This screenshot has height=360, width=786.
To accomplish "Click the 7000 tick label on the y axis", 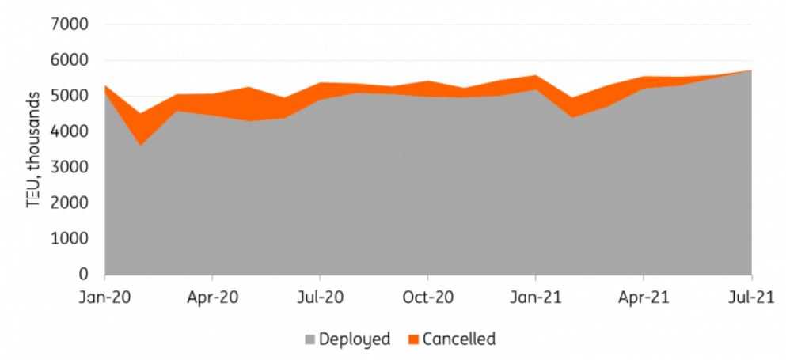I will [73, 25].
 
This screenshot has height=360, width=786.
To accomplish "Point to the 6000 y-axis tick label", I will [73, 60].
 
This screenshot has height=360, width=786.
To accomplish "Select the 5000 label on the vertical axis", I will [73, 96].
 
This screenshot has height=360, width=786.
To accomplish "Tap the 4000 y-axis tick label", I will [73, 131].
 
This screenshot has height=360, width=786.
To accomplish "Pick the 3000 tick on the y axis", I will [73, 167].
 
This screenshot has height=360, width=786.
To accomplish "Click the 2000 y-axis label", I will [73, 203].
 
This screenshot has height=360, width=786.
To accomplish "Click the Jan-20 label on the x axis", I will [104, 297].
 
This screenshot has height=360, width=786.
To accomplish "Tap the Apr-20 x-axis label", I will [212, 297].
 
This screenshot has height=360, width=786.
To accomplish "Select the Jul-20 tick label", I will [320, 297].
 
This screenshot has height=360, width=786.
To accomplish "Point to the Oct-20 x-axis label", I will [427, 297].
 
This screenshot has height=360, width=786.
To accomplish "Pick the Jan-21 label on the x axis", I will [535, 297].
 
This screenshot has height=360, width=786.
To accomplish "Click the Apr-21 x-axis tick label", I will [643, 297].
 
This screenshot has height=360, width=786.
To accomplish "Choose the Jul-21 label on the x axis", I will [750, 297].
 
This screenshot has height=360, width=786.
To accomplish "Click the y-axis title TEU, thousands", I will [36, 150].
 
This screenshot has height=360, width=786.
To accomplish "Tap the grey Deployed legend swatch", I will [310, 340].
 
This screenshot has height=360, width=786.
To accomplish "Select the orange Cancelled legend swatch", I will [413, 340].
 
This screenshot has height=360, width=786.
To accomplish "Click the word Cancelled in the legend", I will [459, 339].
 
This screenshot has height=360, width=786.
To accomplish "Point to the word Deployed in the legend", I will [355, 340].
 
